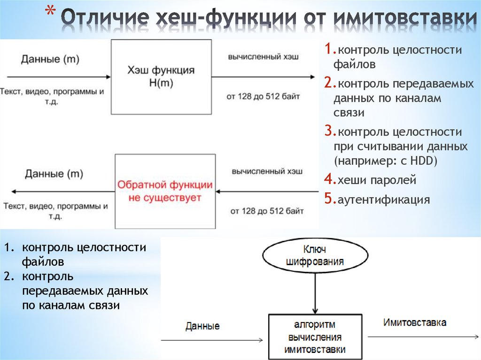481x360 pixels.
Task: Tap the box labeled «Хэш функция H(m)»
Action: pos(161,77)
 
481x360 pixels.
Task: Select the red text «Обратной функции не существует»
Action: pos(164,191)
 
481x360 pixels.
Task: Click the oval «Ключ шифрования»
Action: pos(315,255)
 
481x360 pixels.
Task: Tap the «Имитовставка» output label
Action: pos(414,323)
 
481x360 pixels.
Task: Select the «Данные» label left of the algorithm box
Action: pos(202,326)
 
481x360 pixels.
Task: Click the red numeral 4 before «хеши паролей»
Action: pos(328,180)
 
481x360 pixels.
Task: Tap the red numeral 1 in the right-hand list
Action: pos(328,50)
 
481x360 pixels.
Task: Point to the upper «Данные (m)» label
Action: pos(50,59)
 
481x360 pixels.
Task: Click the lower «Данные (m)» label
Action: pos(54,174)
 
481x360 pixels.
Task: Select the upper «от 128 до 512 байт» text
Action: pos(263,97)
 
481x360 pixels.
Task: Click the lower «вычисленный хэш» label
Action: pos(267,170)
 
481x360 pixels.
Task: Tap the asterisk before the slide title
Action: pos(54,11)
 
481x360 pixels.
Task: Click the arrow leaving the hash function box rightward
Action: pos(263,77)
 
